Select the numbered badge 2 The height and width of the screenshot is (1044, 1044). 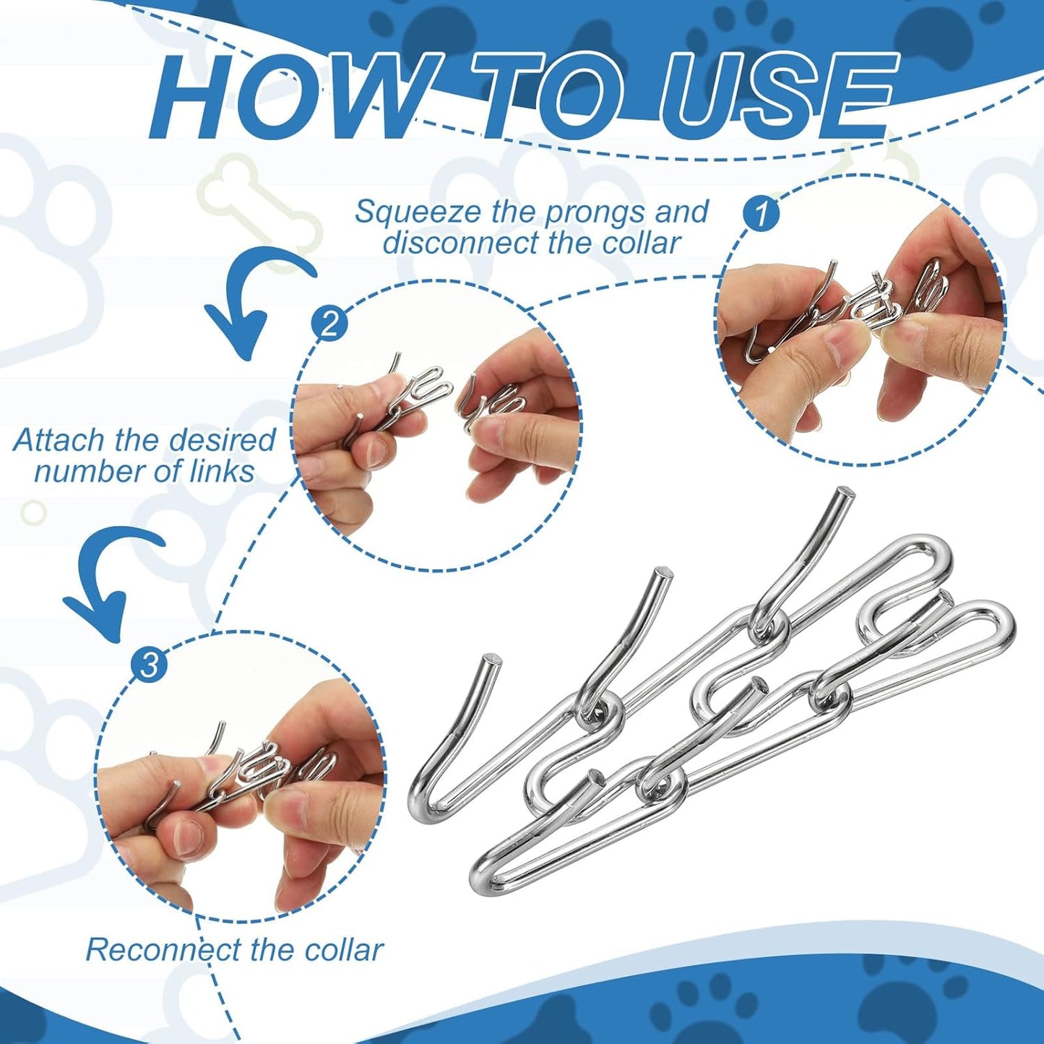click(329, 323)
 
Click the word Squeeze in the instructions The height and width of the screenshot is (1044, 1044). click(418, 212)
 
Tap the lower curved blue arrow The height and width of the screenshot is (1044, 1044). click(108, 578)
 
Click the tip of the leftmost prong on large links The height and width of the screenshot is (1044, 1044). click(491, 660)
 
